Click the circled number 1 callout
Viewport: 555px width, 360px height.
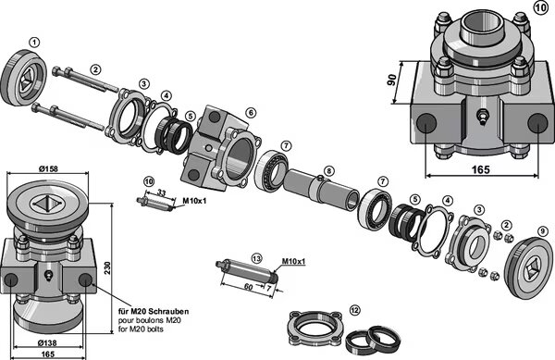[x=34, y=43]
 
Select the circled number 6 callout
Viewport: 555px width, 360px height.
[x=251, y=113]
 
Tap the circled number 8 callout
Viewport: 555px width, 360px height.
[x=328, y=171]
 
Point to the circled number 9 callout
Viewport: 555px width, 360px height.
[x=543, y=231]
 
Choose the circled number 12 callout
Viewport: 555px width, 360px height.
[x=354, y=311]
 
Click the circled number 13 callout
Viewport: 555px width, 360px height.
[x=256, y=258]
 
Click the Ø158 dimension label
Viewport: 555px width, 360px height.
[x=48, y=169]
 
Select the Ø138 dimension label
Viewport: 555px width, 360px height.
[x=47, y=343]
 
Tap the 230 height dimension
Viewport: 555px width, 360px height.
[x=107, y=267]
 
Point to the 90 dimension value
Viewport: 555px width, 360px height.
[x=391, y=80]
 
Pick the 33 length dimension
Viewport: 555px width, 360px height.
[x=161, y=192]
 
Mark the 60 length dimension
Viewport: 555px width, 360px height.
[x=249, y=286]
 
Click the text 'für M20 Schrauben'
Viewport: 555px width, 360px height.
[x=154, y=312]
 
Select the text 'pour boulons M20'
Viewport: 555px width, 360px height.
[x=149, y=320]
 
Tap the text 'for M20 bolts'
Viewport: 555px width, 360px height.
[x=141, y=329]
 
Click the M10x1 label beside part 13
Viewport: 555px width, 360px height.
[x=293, y=262]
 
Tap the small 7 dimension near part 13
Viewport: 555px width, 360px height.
[x=269, y=289]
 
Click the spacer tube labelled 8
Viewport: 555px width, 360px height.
[x=321, y=190]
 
